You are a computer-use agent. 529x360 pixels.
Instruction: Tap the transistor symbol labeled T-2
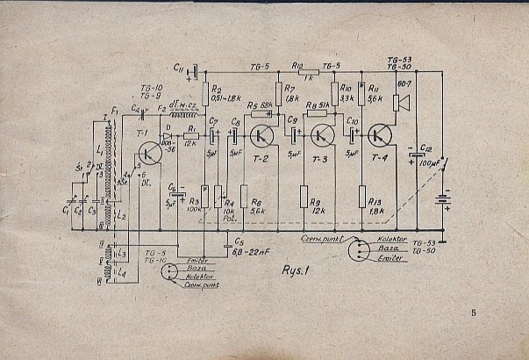261,135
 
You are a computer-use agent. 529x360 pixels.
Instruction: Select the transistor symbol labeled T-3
323,135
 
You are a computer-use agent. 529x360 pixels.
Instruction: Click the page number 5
473,313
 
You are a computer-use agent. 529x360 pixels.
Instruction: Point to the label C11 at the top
178,68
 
